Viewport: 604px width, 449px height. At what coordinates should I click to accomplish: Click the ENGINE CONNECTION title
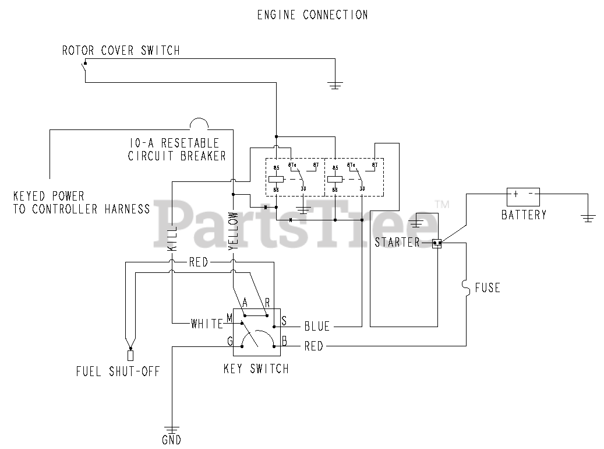coord(312,15)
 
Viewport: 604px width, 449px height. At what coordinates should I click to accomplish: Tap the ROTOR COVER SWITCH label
coord(121,51)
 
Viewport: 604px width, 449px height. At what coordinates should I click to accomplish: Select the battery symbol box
coord(523,195)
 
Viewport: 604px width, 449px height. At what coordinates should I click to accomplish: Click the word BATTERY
coord(524,215)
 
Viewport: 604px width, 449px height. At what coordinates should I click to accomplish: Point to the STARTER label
coord(397,243)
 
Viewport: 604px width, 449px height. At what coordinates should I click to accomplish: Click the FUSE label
coord(487,287)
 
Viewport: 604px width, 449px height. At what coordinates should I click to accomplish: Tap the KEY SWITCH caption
coord(256,369)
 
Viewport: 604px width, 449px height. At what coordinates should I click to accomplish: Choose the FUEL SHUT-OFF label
coord(118,371)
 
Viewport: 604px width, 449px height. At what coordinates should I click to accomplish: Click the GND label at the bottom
coord(172,440)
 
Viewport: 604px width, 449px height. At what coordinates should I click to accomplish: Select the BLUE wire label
coord(317,327)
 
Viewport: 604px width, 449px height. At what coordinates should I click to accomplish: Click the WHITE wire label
coord(207,324)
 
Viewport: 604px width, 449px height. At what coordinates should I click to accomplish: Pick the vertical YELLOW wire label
coord(234,230)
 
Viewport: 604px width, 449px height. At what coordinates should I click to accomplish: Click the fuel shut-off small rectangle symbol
coord(130,355)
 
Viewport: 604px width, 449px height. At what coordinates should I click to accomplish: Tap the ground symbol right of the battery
coord(588,218)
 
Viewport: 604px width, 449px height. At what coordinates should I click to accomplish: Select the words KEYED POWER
coord(49,196)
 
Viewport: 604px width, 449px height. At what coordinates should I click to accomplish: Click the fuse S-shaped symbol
coord(466,287)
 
